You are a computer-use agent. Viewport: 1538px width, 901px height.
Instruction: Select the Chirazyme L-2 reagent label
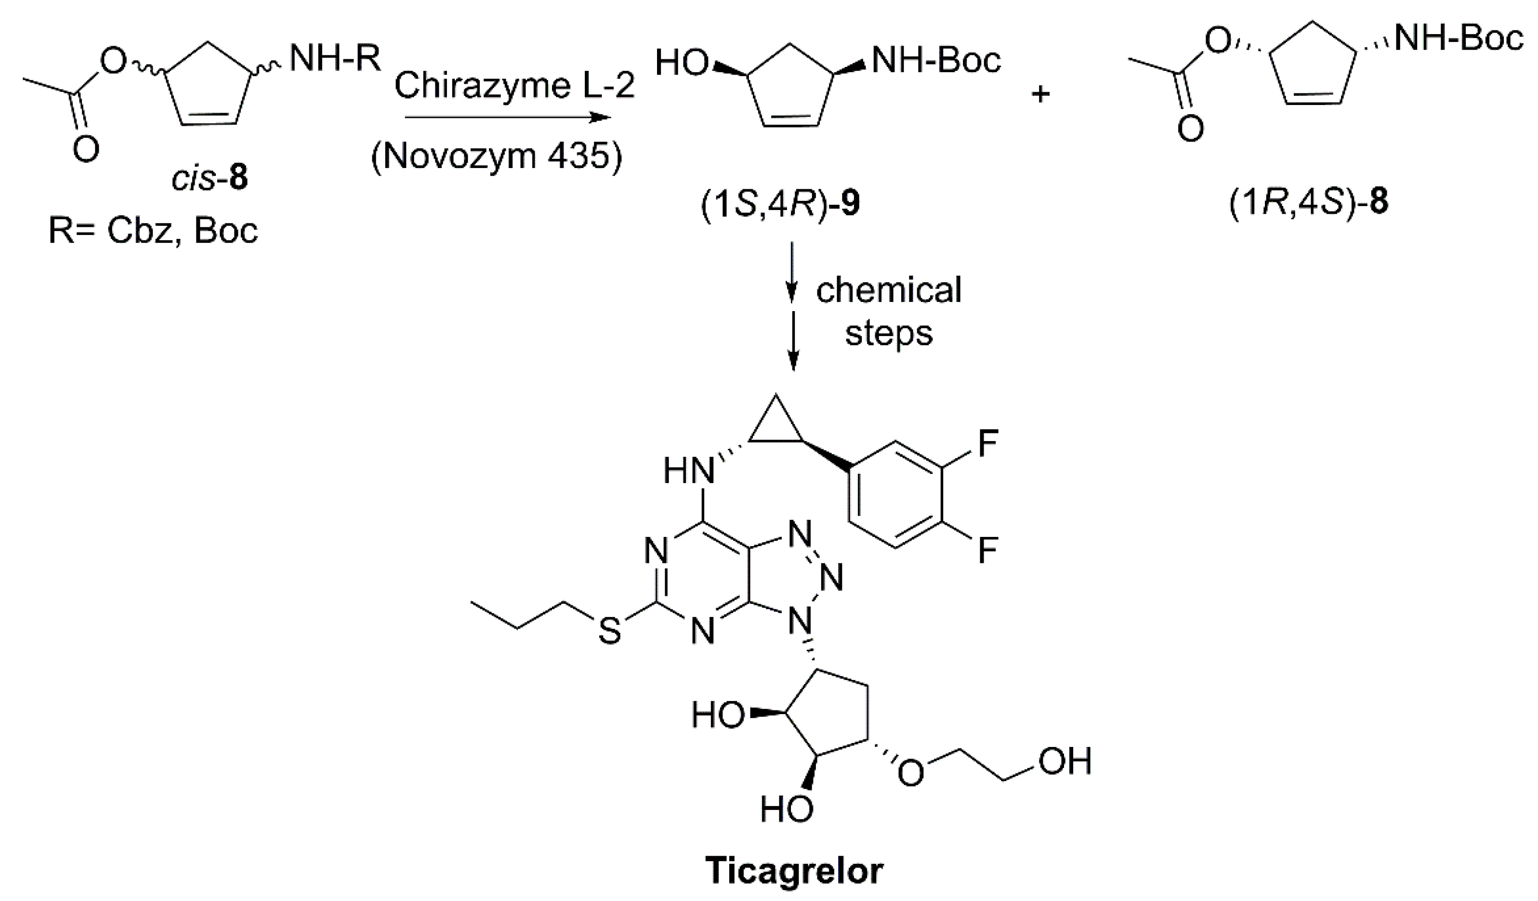click(514, 85)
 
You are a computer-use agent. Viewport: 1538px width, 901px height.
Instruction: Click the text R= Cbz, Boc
click(153, 231)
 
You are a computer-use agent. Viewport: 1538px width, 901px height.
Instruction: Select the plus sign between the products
click(1040, 94)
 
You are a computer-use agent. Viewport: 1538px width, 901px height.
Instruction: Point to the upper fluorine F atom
click(987, 444)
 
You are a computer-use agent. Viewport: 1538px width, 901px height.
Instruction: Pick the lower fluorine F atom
click(987, 551)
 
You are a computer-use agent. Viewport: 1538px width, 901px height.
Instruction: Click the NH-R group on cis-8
click(334, 60)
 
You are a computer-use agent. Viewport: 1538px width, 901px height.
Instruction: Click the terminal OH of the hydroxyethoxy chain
click(1065, 761)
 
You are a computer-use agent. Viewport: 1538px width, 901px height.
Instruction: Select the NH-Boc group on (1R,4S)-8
click(1459, 39)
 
